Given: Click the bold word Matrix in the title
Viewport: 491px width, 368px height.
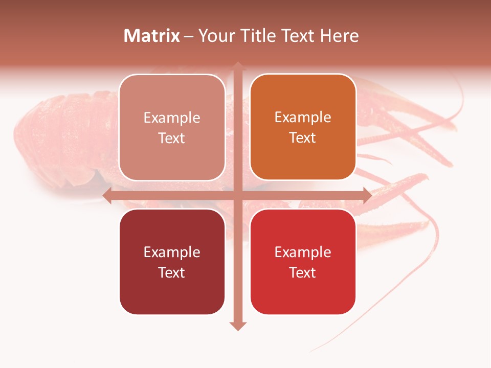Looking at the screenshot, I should [152, 36].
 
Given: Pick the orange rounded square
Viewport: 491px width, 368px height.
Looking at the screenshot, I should [303, 127].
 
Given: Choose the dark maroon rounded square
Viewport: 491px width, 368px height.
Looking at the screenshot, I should [172, 262].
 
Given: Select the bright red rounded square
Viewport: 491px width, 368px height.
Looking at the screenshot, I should [303, 262].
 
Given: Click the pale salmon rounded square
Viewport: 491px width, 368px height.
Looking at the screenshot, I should [172, 127].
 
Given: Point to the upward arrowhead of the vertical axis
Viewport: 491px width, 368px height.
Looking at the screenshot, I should [238, 66].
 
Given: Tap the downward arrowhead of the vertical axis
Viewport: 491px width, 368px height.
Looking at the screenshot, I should [238, 326].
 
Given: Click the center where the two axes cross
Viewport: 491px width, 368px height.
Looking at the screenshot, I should [238, 195].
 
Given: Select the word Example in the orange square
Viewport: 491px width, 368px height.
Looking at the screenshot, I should [303, 118].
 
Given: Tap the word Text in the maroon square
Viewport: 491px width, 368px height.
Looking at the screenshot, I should [172, 272].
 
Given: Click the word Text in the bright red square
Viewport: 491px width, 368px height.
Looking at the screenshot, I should [303, 272].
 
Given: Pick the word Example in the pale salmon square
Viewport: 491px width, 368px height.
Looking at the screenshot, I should [172, 118].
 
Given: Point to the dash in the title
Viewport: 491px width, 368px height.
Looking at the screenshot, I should [189, 36].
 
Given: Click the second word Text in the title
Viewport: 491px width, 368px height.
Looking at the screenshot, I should [297, 36].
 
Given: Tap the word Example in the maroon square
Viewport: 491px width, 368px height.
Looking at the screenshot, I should [172, 252].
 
